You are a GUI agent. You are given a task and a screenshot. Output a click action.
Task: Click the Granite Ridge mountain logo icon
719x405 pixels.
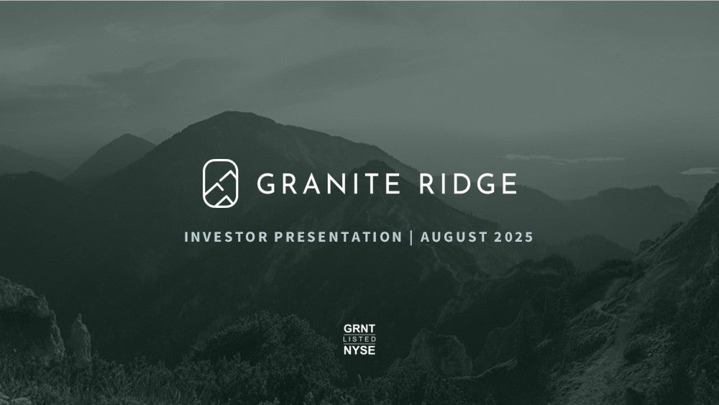(221, 183)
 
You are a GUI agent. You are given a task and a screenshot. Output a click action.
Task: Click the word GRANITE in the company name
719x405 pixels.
(329, 183)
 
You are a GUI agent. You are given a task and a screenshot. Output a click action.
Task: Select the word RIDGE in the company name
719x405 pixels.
(468, 183)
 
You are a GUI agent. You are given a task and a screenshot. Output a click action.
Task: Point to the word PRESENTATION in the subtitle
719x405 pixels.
(339, 237)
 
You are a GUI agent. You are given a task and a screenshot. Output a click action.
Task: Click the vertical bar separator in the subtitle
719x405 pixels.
(411, 237)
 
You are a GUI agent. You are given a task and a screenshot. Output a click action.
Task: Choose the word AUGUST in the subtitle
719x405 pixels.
(454, 237)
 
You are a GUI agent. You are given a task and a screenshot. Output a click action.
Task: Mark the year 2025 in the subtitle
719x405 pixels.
(514, 237)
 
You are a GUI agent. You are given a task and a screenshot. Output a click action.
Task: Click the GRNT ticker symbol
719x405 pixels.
(359, 329)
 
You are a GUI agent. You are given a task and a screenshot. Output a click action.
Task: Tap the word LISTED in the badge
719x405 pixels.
(359, 339)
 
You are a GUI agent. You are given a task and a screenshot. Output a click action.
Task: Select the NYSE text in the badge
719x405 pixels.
(359, 350)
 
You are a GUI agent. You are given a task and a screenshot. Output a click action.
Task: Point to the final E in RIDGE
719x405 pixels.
(510, 183)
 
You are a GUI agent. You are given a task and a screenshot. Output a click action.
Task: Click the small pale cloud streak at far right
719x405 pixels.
(700, 171)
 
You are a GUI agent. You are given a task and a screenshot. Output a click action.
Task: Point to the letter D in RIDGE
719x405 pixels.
(459, 183)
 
